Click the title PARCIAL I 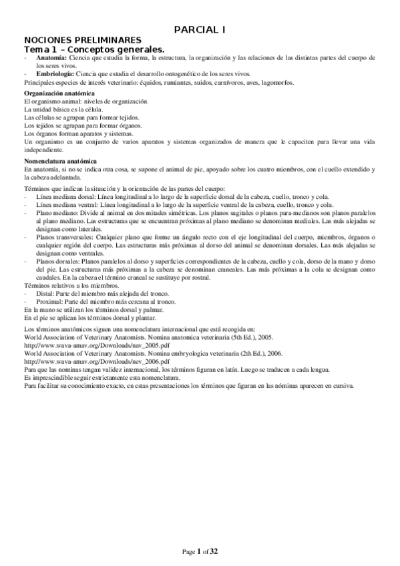pyautogui.click(x=199, y=29)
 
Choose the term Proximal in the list pyautogui.click(x=45, y=302)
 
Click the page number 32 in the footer pyautogui.click(x=214, y=551)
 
